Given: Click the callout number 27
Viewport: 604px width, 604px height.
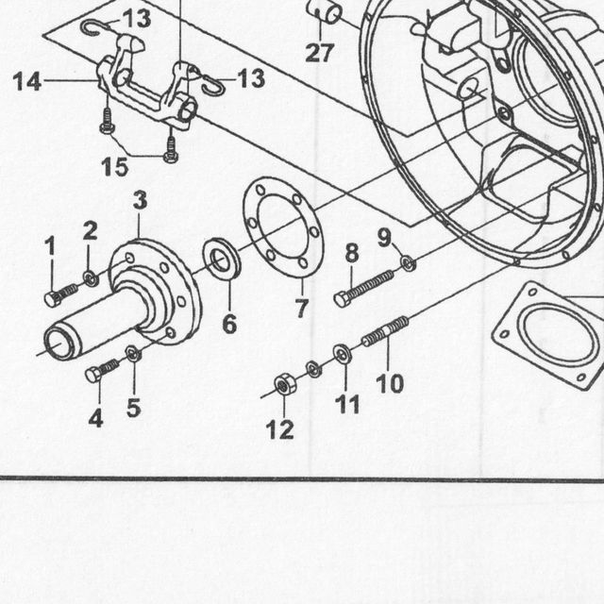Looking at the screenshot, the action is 319,53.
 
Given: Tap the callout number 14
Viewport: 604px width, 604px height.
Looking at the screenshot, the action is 27,82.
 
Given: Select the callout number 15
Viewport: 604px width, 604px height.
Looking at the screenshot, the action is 114,167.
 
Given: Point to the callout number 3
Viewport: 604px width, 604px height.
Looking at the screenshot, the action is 141,200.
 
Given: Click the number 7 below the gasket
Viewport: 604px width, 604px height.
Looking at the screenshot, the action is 302,308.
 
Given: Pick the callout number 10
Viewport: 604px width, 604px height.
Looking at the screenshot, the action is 390,383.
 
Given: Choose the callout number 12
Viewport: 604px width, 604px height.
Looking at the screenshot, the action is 280,430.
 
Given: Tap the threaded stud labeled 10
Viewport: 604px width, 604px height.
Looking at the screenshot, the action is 385,331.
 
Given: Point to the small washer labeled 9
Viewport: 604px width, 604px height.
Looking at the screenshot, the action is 409,263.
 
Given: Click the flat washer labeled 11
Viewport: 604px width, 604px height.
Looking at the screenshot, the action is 342,354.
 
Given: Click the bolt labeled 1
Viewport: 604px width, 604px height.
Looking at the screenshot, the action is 61,294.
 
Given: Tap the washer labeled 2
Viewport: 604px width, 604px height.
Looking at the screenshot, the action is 91,278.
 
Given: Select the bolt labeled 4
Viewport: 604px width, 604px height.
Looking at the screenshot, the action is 102,369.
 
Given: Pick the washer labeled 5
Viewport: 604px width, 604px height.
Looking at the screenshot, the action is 133,354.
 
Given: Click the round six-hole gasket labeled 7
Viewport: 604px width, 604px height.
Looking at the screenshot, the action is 283,226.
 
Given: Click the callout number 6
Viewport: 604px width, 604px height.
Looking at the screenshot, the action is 229,325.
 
